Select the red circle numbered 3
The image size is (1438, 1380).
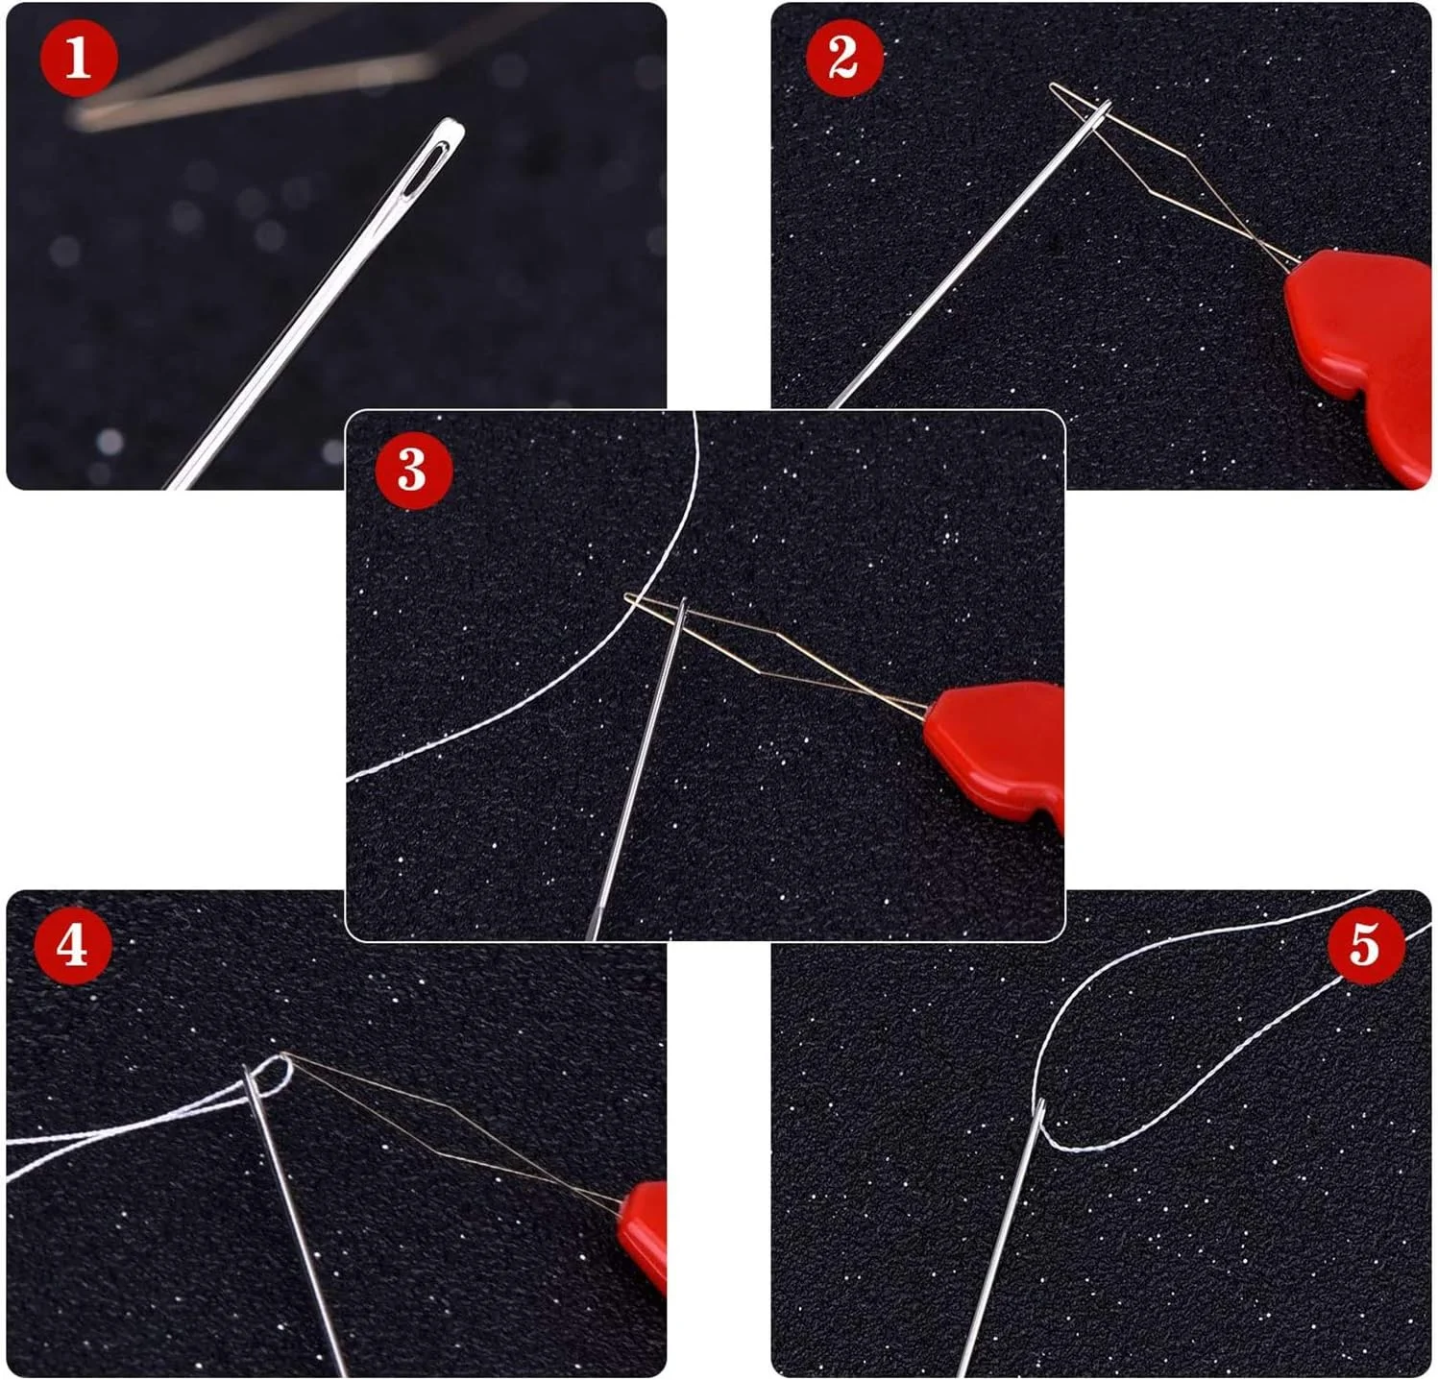pyautogui.click(x=412, y=470)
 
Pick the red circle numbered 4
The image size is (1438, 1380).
pyautogui.click(x=73, y=946)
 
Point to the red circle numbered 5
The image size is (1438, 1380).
pyautogui.click(x=1366, y=946)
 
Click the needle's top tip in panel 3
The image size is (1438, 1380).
pyautogui.click(x=682, y=599)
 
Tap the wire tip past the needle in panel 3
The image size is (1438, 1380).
pyautogui.click(x=628, y=596)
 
